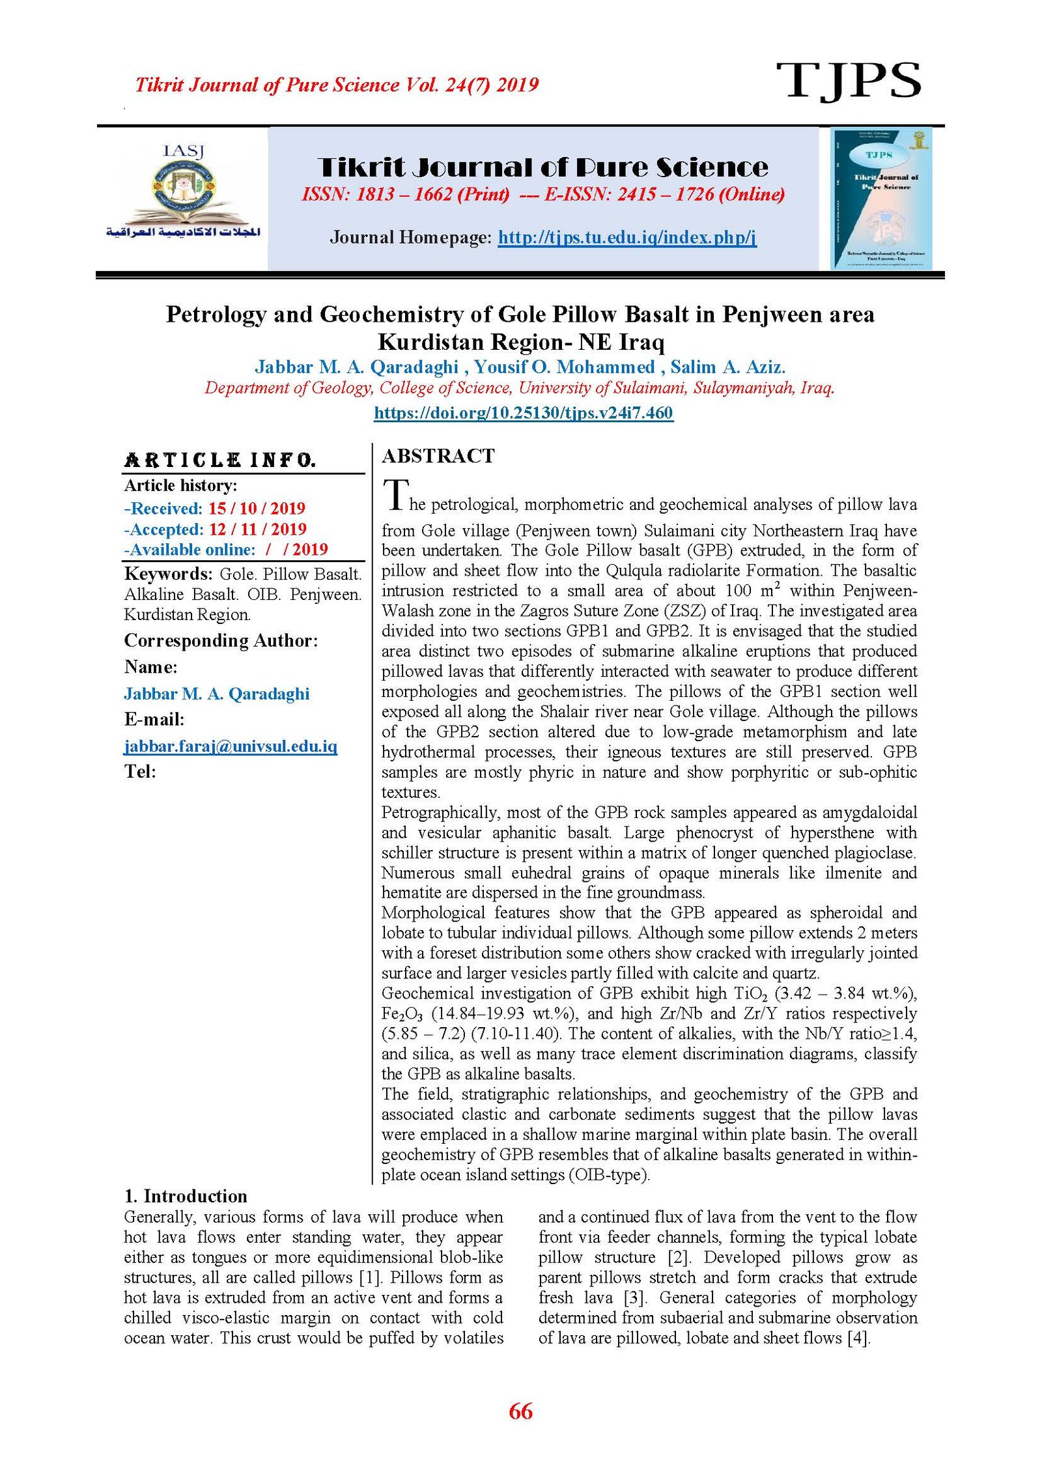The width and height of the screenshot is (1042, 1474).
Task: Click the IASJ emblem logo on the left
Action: coord(183,193)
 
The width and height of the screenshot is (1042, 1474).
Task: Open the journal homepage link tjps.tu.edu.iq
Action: coord(627,237)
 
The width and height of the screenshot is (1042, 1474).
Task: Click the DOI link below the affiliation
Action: coord(523,412)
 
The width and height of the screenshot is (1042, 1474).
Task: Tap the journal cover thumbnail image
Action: coord(881,198)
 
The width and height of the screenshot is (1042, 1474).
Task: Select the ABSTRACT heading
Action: coord(438,456)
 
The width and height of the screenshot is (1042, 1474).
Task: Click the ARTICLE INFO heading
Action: coord(219,461)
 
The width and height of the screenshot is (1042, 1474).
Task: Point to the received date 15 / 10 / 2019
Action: coord(257,508)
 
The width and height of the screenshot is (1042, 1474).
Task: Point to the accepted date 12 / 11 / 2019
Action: coord(257,529)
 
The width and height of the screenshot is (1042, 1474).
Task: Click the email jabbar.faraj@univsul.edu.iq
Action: coord(231,746)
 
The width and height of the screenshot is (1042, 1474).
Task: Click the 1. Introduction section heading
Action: coord(186,1196)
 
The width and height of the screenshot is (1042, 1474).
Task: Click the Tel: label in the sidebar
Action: coord(140,772)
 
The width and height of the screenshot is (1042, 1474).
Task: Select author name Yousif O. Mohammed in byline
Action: coord(564,367)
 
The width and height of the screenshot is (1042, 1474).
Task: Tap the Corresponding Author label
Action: coord(221,641)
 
